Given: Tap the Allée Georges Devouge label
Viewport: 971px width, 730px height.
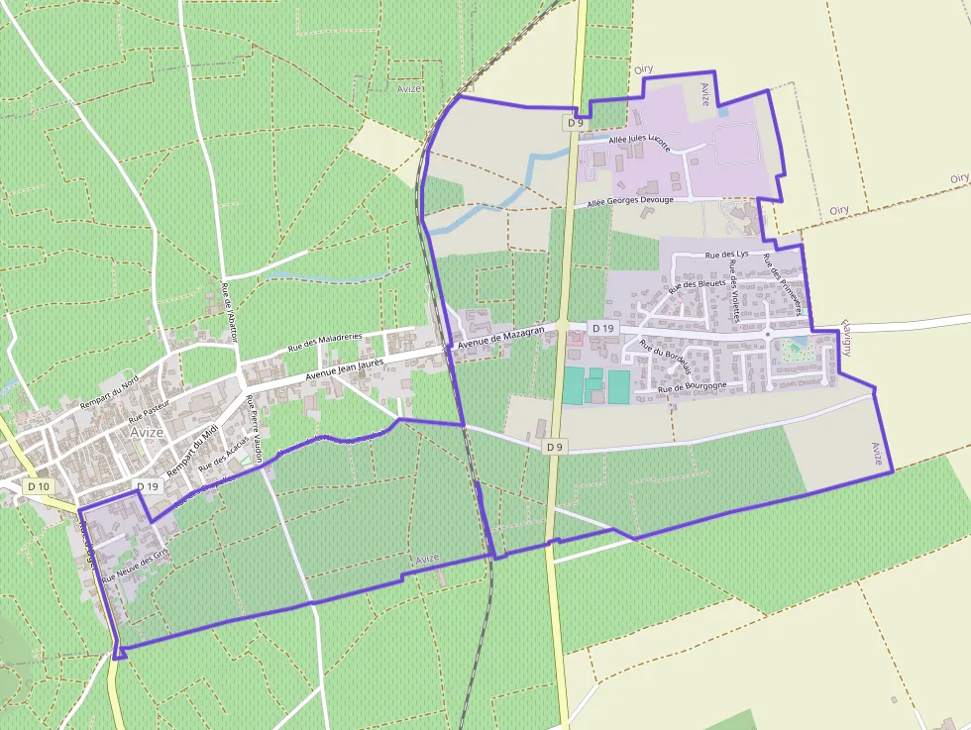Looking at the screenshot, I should pos(630,202).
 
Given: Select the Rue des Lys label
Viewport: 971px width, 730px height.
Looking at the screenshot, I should pos(726,255).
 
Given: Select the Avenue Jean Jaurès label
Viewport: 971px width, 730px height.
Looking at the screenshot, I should pos(345,369).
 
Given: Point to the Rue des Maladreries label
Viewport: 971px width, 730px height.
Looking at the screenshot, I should pos(325,343).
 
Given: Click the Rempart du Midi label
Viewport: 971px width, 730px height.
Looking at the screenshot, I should pos(191,452).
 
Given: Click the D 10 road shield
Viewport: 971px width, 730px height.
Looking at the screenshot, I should pos(39,486).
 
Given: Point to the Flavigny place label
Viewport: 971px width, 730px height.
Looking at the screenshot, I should pos(847,338).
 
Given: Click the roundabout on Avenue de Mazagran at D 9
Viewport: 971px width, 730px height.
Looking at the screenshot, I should pos(563,326).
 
